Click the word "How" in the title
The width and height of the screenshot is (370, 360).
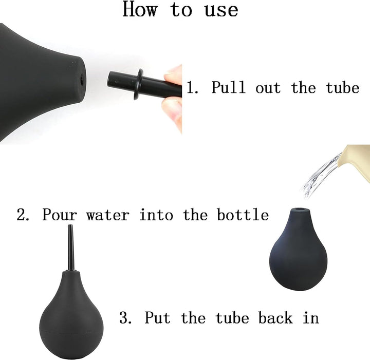tap(140, 9)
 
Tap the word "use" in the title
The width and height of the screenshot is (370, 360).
tap(221, 11)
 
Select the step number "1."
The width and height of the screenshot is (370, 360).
tap(192, 87)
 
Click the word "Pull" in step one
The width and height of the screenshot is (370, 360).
tap(228, 87)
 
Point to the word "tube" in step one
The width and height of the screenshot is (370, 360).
tap(343, 87)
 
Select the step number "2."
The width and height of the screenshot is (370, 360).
tap(23, 215)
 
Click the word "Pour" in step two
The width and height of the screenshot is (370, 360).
tap(60, 215)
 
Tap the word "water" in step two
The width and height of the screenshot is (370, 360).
tap(108, 216)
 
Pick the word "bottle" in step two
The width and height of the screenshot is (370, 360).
tap(243, 215)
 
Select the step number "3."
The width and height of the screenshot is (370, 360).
tap(125, 317)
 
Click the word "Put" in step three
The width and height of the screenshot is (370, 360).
tap(157, 317)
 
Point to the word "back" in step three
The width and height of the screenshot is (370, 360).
tap(275, 317)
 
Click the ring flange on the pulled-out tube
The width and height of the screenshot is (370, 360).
tap(139, 84)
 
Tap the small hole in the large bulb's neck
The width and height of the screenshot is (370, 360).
tap(82, 80)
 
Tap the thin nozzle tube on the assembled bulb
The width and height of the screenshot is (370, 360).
tap(71, 248)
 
